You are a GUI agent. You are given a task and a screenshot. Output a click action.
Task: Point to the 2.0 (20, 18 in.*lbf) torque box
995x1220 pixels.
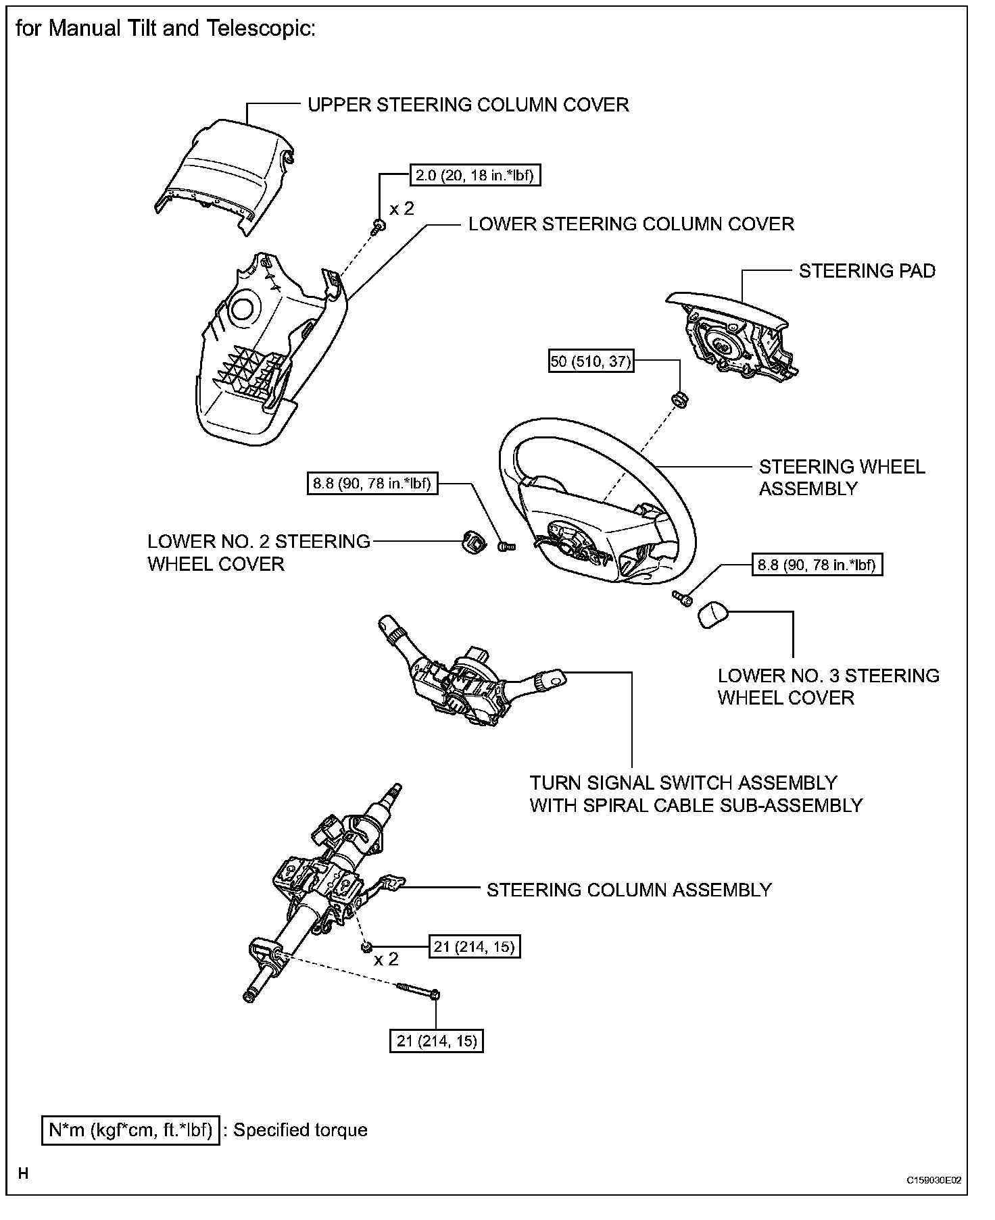475,176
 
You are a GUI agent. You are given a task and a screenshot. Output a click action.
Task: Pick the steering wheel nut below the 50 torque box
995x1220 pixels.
679,400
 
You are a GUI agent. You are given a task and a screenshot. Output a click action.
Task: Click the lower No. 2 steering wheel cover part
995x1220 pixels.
470,541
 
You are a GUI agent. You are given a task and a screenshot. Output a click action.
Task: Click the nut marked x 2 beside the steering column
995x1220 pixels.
367,947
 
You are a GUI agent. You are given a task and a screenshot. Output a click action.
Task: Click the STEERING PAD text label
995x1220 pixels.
867,272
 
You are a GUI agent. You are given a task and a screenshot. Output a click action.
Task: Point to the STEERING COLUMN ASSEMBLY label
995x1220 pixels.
629,890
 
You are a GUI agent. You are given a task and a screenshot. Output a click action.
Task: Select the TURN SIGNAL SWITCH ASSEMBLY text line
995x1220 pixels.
683,783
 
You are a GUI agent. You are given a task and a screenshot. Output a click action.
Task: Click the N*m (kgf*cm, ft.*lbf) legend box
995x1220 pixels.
130,1130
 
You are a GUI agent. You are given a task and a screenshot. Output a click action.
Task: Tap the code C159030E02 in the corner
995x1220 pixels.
933,1180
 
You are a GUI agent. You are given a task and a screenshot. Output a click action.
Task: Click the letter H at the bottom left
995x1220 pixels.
24,1173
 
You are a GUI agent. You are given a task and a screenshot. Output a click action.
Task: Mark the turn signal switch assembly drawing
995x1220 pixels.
466,682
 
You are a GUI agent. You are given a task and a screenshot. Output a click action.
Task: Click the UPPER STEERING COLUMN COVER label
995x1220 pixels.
468,105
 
